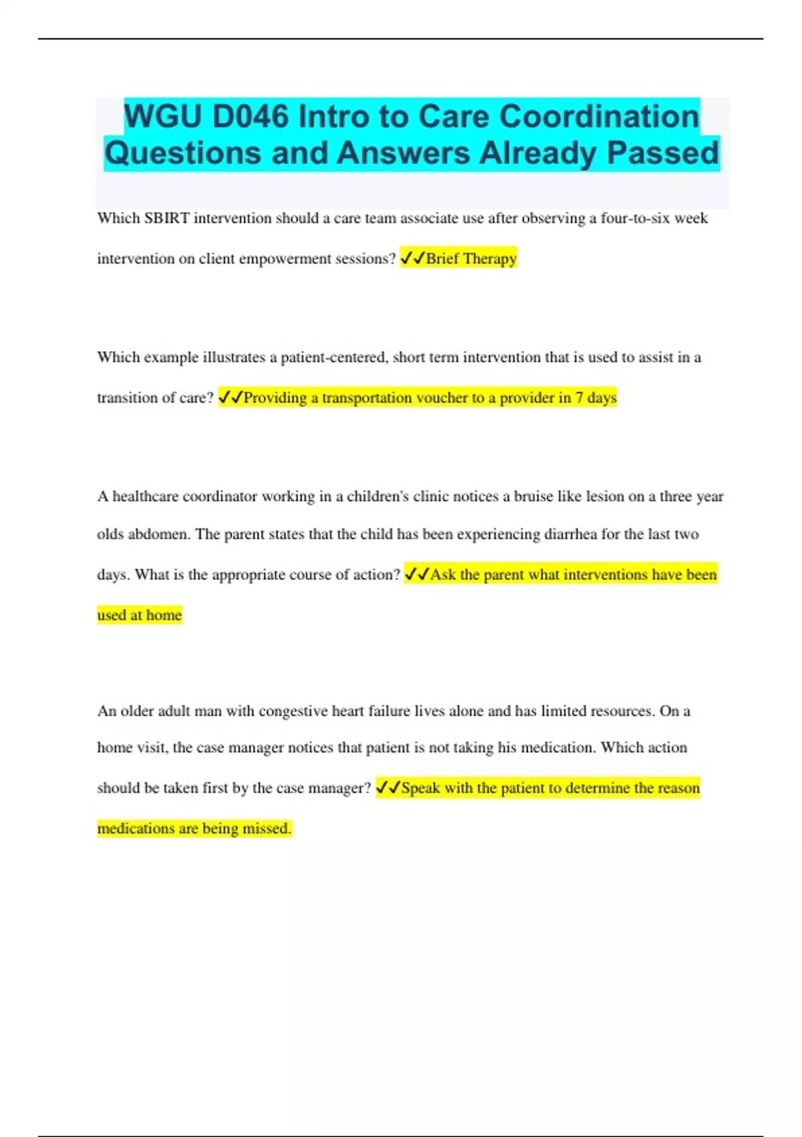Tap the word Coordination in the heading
point(599,116)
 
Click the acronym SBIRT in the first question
point(166,218)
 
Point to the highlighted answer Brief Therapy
point(471,258)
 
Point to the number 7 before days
point(579,397)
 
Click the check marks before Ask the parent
point(417,574)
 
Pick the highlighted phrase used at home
point(140,615)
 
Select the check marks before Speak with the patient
point(388,788)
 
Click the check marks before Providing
point(231,397)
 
